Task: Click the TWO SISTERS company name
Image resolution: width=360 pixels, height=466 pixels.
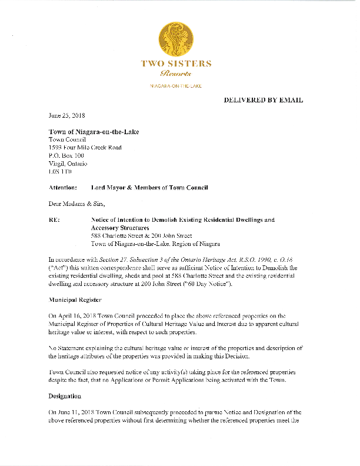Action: click(176, 64)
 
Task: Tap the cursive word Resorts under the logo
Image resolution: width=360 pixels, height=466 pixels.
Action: click(176, 74)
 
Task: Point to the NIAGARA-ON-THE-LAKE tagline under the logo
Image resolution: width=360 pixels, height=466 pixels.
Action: click(176, 86)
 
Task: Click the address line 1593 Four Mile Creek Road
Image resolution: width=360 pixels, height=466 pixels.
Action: click(85, 148)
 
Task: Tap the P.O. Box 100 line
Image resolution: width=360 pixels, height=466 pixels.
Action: click(66, 156)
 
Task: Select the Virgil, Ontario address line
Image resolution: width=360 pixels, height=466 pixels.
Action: click(68, 164)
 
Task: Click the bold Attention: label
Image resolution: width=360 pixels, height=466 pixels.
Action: click(62, 188)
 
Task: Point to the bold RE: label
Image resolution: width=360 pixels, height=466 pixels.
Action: click(54, 220)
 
